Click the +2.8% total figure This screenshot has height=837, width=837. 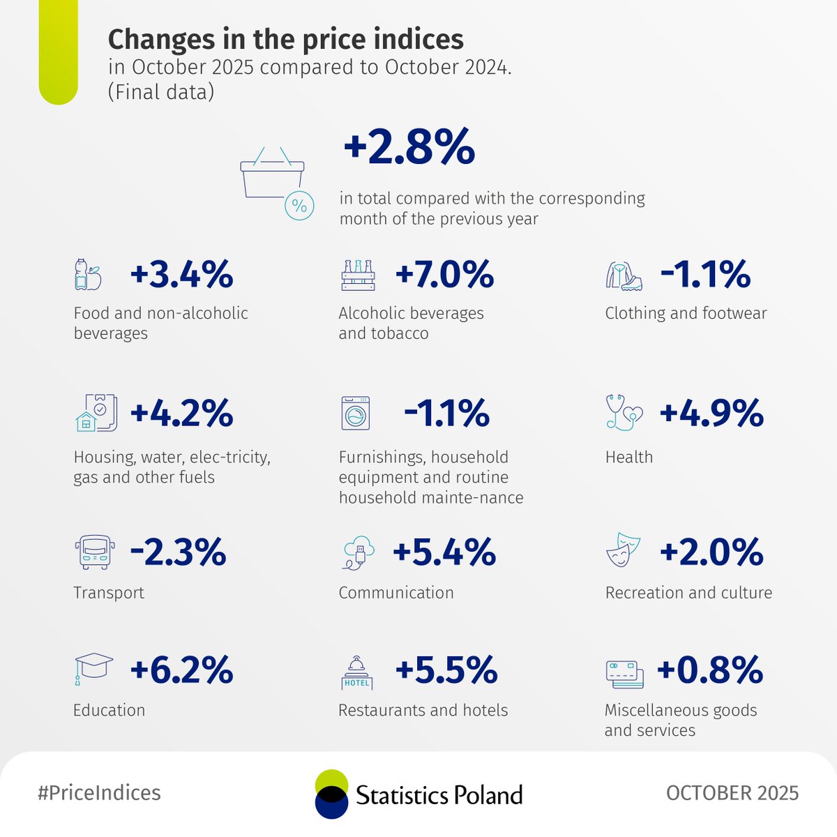pyautogui.click(x=409, y=147)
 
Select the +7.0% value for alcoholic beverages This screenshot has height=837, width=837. pyautogui.click(x=444, y=274)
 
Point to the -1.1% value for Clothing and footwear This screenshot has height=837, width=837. pyautogui.click(x=705, y=274)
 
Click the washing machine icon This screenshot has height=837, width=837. pyautogui.click(x=356, y=414)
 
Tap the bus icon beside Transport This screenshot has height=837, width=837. pyautogui.click(x=94, y=552)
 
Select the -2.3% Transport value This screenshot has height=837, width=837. pyautogui.click(x=178, y=552)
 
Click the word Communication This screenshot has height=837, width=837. pyautogui.click(x=396, y=593)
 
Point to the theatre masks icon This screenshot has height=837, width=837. pyautogui.click(x=623, y=550)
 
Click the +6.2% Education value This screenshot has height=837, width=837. pyautogui.click(x=181, y=670)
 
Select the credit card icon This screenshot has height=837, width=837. pyautogui.click(x=624, y=674)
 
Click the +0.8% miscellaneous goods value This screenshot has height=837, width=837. pyautogui.click(x=709, y=670)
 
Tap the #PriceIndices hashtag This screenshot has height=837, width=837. pyautogui.click(x=99, y=793)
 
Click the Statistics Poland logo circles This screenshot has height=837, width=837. pyautogui.click(x=331, y=794)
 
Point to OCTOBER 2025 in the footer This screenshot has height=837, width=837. pyautogui.click(x=732, y=793)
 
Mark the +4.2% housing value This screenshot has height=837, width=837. pyautogui.click(x=181, y=414)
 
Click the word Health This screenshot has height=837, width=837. pyautogui.click(x=629, y=458)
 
